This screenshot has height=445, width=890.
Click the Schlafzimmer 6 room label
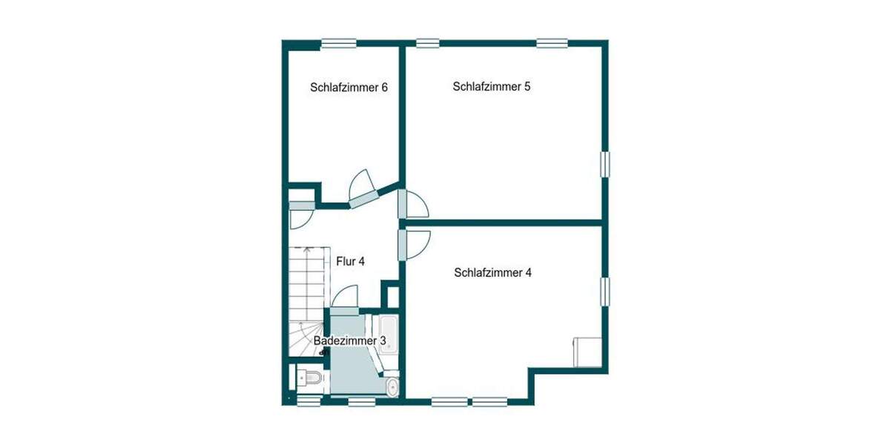pyautogui.click(x=349, y=88)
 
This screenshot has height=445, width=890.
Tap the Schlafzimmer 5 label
pyautogui.click(x=491, y=87)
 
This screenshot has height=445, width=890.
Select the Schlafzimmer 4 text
pyautogui.click(x=492, y=272)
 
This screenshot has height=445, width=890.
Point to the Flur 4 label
pyautogui.click(x=351, y=261)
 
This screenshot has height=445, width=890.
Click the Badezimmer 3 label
pyautogui.click(x=350, y=340)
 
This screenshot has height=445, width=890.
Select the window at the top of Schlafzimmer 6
pyautogui.click(x=338, y=43)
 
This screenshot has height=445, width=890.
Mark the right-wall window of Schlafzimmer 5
pyautogui.click(x=605, y=165)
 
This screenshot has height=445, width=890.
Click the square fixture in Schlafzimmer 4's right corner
pyautogui.click(x=587, y=352)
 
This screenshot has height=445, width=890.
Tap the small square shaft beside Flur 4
pyautogui.click(x=391, y=295)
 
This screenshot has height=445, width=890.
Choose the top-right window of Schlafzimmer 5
pyautogui.click(x=552, y=43)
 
